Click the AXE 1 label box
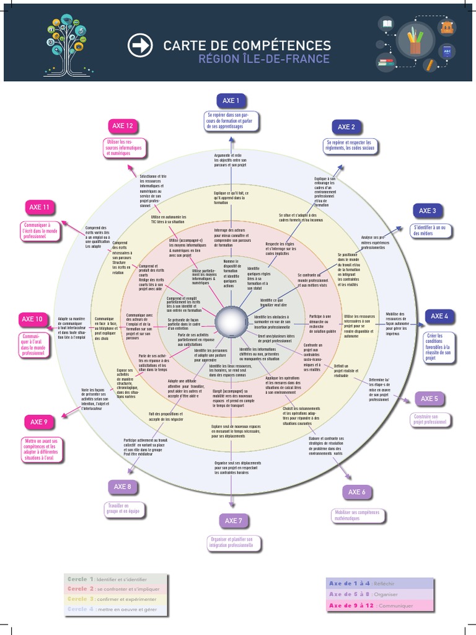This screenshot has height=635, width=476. [x=231, y=100]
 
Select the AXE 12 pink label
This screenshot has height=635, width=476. [x=122, y=126]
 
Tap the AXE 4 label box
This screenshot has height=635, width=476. [x=439, y=316]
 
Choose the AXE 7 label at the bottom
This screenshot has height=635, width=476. [x=232, y=520]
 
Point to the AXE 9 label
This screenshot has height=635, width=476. [x=39, y=422]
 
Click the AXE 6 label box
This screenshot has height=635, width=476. [x=356, y=492]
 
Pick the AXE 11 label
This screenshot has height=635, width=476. [x=39, y=207]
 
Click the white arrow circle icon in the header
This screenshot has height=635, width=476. [x=139, y=45]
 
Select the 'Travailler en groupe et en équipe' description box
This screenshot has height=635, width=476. [x=123, y=510]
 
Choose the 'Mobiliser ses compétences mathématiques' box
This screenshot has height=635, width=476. [x=357, y=516]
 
